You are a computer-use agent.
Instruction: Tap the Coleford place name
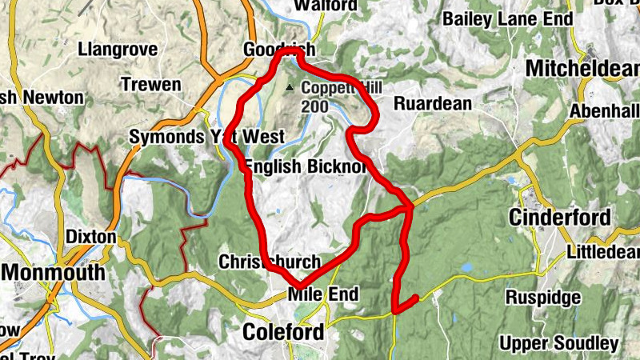(x=285, y=331)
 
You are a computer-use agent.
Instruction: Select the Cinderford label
(x=560, y=218)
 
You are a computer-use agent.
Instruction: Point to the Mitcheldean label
(x=583, y=69)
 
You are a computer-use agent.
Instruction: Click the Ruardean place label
(x=433, y=103)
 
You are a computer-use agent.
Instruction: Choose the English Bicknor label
(x=305, y=166)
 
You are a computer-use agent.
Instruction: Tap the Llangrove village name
(x=118, y=50)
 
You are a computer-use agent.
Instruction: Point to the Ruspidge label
(x=543, y=298)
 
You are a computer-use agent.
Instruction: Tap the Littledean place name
(x=605, y=253)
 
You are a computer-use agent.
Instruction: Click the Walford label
(x=325, y=6)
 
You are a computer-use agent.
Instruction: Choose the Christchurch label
(x=270, y=262)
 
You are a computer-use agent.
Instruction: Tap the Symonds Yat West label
(x=206, y=138)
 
